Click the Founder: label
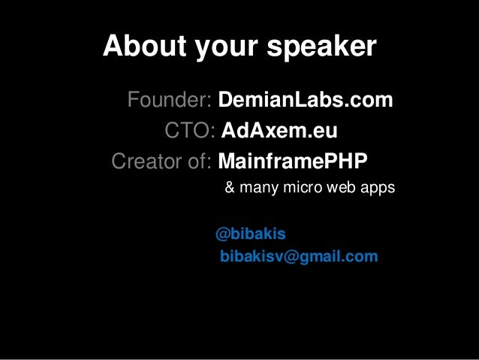click(x=171, y=99)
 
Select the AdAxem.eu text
click(x=279, y=132)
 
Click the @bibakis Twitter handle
click(x=250, y=234)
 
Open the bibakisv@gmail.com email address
click(x=299, y=257)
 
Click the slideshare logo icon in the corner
click(x=465, y=346)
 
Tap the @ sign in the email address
click(x=291, y=257)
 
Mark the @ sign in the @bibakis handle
click(x=221, y=234)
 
